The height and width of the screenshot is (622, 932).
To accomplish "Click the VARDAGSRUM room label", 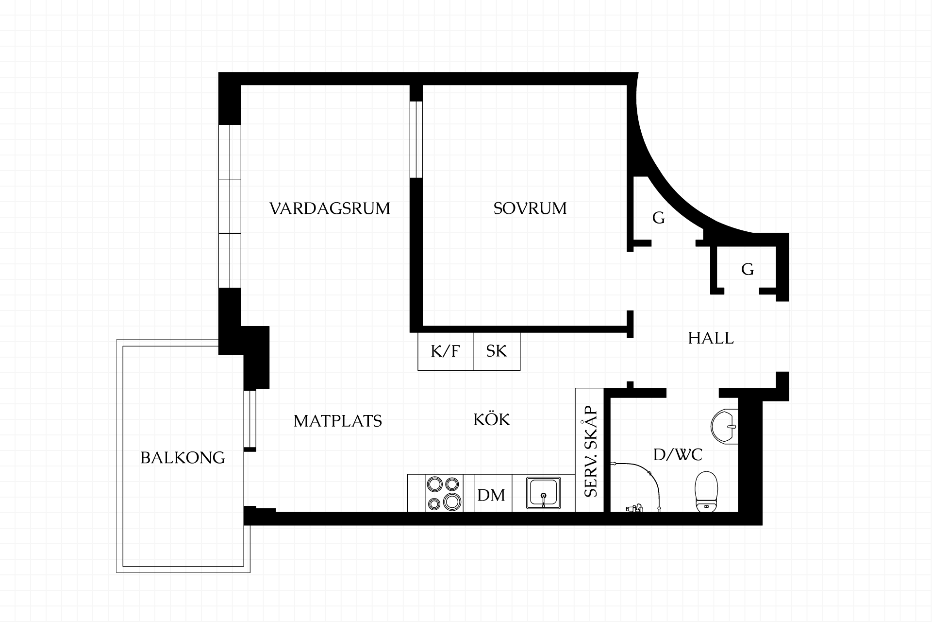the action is point(330,208).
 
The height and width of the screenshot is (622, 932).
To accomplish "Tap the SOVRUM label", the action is point(530,208).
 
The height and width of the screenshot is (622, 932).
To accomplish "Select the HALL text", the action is point(711,338).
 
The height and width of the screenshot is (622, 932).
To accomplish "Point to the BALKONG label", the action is point(183,458).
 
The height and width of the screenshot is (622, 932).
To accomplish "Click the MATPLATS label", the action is point(338,421).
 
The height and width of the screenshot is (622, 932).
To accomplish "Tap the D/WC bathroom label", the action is point(678,455).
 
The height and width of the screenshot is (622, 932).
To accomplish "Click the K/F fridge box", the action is point(446,351).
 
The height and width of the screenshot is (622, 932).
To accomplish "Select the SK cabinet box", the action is point(497,351).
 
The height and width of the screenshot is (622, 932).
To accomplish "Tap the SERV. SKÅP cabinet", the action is point(590,450).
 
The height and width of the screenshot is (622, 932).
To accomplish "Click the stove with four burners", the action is point(443,493).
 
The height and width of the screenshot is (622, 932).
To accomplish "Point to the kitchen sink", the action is point(544,493).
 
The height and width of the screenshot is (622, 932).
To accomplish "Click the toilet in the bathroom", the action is point(706,492).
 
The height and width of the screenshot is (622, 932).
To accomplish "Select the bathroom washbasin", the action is point(724,426).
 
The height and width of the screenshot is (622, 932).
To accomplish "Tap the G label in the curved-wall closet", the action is point(659,218).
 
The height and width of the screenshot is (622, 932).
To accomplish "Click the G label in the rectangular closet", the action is point(748,269).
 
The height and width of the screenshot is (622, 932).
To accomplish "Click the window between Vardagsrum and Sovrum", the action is point(416,139).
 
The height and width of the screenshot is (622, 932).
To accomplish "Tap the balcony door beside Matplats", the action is point(250,419).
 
